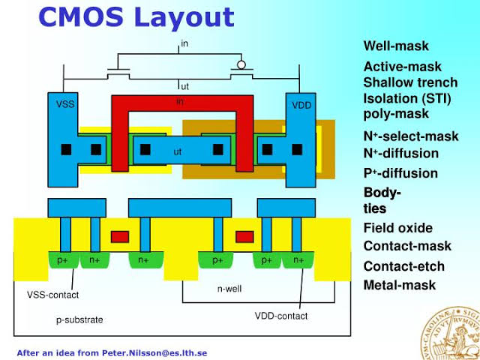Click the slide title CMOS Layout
[136, 17]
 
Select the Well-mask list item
[396, 46]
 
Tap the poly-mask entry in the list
[396, 114]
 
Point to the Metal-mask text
[399, 286]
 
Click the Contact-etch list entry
[403, 266]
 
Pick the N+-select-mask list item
[410, 136]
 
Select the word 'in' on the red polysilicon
[180, 102]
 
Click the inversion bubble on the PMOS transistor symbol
[241, 64]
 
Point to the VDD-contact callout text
[282, 316]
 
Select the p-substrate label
[79, 319]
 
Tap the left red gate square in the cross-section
[119, 238]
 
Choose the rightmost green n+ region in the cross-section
[298, 260]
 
